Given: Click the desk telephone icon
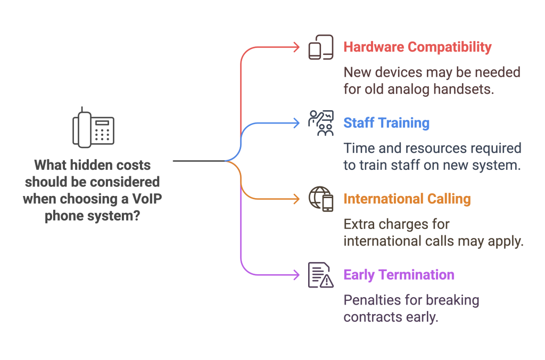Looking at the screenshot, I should click(94, 128).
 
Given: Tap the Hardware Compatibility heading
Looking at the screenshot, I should click(417, 47).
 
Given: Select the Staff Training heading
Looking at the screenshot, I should click(386, 123).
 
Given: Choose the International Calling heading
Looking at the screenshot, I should click(407, 199).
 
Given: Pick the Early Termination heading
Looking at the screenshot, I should click(399, 275).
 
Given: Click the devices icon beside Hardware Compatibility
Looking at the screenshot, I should click(321, 47).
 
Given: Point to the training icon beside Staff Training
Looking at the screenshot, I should click(321, 123).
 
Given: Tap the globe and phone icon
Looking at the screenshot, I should click(321, 199).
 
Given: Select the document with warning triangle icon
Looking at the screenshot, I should click(321, 275).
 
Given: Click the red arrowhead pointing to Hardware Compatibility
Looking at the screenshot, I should click(296, 47).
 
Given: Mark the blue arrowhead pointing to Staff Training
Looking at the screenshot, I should click(296, 123).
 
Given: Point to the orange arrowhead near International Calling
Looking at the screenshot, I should click(296, 199).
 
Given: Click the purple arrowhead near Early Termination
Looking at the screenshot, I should click(296, 275).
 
